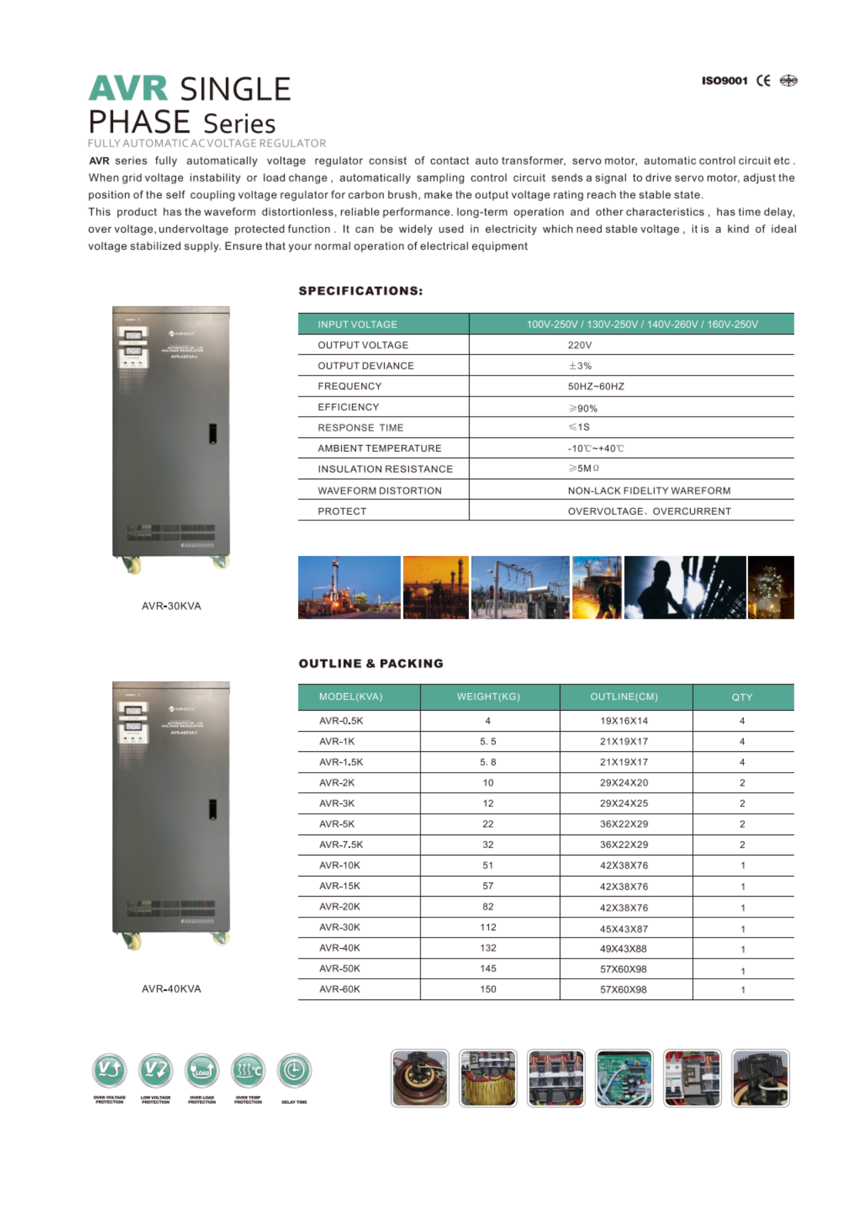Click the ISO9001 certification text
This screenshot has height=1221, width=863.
point(724,81)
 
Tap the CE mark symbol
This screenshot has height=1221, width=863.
point(763,81)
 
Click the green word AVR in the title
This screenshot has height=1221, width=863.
point(128,89)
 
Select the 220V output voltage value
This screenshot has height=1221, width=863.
point(579,345)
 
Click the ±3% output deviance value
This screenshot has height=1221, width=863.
point(580,366)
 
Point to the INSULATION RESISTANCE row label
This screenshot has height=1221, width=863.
point(385,469)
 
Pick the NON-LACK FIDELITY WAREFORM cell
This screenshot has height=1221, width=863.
point(648,491)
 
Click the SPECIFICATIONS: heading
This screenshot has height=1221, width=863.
point(361,291)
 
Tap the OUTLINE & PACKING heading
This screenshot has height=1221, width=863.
point(371,664)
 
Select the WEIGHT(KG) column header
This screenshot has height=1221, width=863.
point(488,697)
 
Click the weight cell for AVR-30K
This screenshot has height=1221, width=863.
point(488,928)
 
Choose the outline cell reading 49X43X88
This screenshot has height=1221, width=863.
point(624,948)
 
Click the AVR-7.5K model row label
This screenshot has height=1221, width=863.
point(341,845)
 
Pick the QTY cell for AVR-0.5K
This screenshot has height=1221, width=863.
point(742,721)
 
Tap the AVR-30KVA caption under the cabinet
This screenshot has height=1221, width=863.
point(171,606)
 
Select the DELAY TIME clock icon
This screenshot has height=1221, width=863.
point(294,1070)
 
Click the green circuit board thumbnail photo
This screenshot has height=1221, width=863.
point(624,1078)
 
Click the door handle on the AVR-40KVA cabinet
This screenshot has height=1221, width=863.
point(213,809)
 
